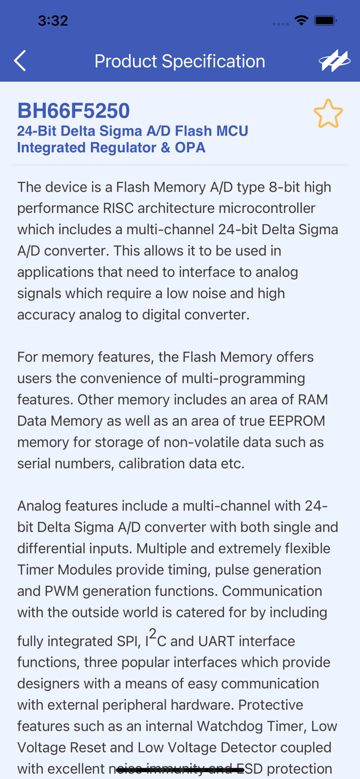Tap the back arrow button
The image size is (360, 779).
click(x=20, y=61)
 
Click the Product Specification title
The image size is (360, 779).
click(x=180, y=61)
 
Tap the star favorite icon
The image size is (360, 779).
click(x=328, y=114)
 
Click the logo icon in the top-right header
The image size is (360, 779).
click(x=334, y=61)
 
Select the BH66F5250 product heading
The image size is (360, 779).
click(x=73, y=111)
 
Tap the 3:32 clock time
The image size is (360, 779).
click(x=53, y=21)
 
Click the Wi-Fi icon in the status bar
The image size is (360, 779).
click(x=301, y=21)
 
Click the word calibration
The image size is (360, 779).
click(x=151, y=464)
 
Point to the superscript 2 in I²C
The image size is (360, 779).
click(x=153, y=634)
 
